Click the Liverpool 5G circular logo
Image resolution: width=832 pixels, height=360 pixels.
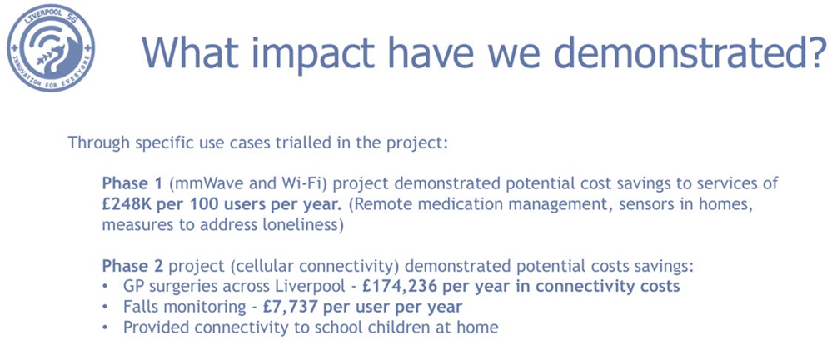tap(51, 48)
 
